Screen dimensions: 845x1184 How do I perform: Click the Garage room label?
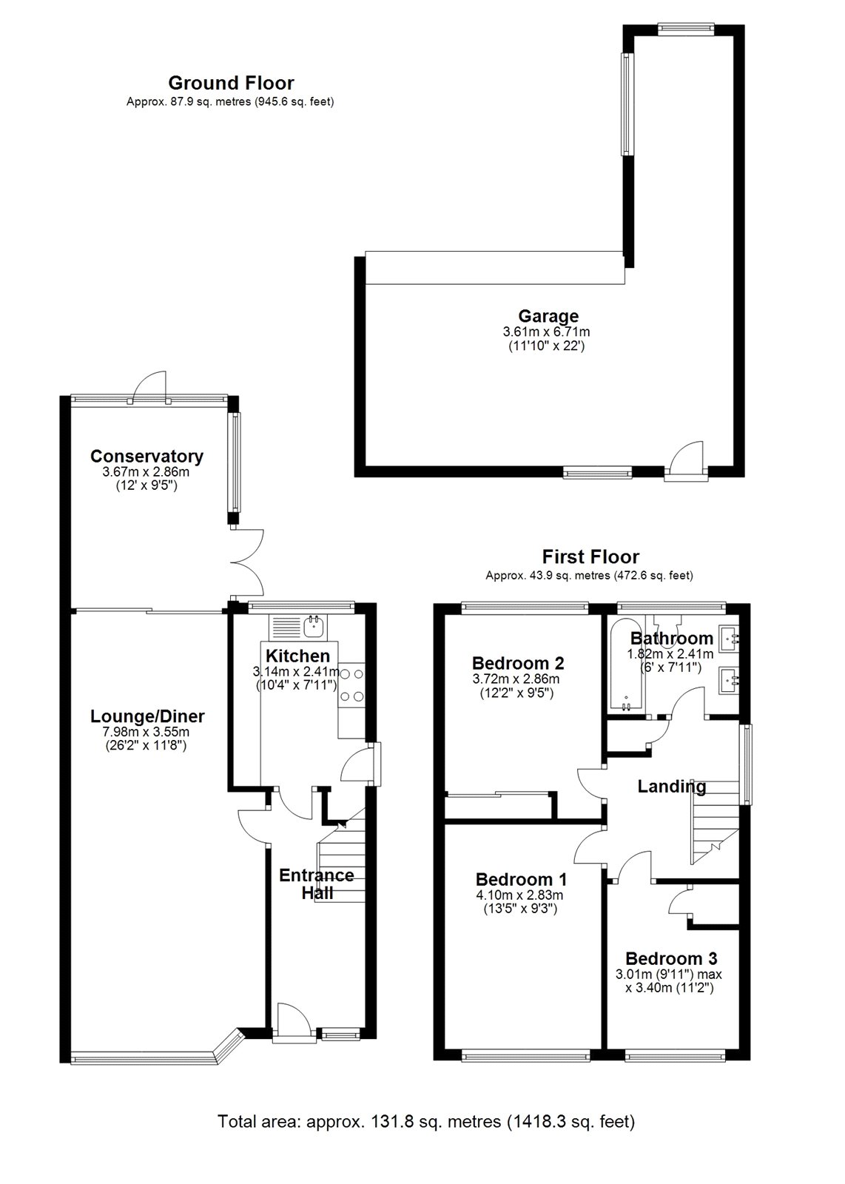548,316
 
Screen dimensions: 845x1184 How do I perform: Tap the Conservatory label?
147,456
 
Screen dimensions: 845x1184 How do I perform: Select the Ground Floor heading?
231,83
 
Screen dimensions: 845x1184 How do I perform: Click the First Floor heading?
590,556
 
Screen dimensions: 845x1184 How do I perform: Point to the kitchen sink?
315,626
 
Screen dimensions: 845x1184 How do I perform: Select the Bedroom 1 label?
521,880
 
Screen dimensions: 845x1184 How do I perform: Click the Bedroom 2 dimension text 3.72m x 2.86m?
516,679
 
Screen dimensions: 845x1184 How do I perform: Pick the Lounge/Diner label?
147,716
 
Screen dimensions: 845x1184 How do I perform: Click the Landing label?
672,787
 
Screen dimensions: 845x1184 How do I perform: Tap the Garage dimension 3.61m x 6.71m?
546,332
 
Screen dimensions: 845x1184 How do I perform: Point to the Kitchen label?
297,656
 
